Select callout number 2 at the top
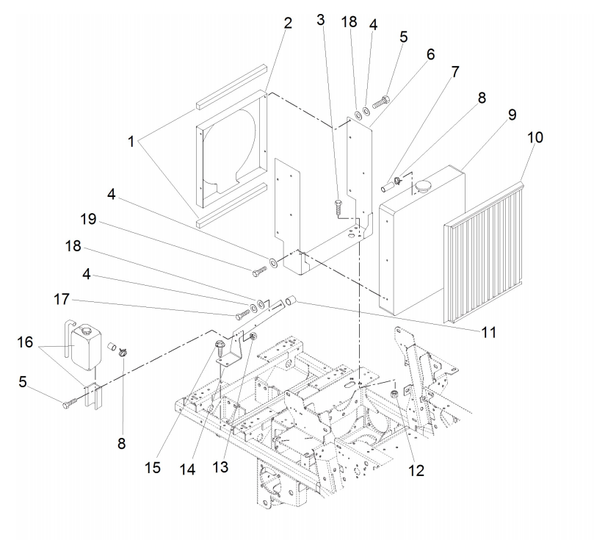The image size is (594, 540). tap(287, 23)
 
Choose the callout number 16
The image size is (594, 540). tap(26, 342)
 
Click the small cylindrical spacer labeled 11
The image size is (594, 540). tap(291, 300)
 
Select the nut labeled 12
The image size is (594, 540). tap(394, 395)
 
